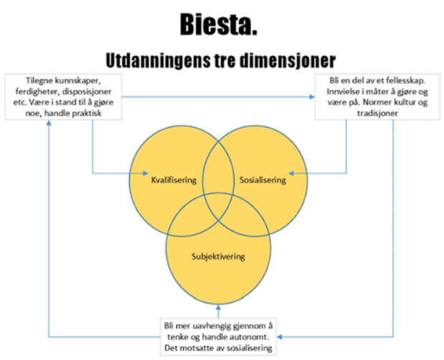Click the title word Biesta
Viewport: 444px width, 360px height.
(219, 25)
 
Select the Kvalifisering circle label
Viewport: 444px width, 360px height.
(174, 180)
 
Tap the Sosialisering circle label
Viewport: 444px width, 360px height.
(263, 180)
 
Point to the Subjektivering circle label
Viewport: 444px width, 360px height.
(218, 257)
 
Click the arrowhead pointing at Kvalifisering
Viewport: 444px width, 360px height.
(146, 173)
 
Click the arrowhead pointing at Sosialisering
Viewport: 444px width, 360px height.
(291, 173)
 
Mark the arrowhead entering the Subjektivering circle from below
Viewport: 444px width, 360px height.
(218, 308)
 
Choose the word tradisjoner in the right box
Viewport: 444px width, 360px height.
(377, 113)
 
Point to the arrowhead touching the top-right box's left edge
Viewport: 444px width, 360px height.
(312, 97)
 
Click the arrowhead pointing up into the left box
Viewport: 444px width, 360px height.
(49, 123)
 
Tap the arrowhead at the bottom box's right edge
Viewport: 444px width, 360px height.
(280, 337)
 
